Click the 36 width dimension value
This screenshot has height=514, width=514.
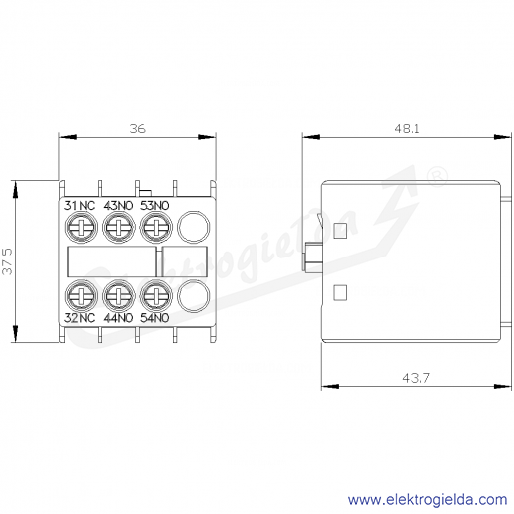(x=138, y=128)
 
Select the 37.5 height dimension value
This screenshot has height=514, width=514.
(x=7, y=261)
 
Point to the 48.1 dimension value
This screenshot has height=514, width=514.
(x=407, y=128)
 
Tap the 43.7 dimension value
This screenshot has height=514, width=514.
(x=416, y=378)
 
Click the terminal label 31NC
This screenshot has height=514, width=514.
(x=79, y=206)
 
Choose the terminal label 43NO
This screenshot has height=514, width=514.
(x=118, y=206)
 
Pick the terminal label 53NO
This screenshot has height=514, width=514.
(x=155, y=206)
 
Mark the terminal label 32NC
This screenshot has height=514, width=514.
(x=79, y=318)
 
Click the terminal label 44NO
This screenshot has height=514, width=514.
(x=118, y=318)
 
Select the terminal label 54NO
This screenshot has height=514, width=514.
(x=155, y=318)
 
